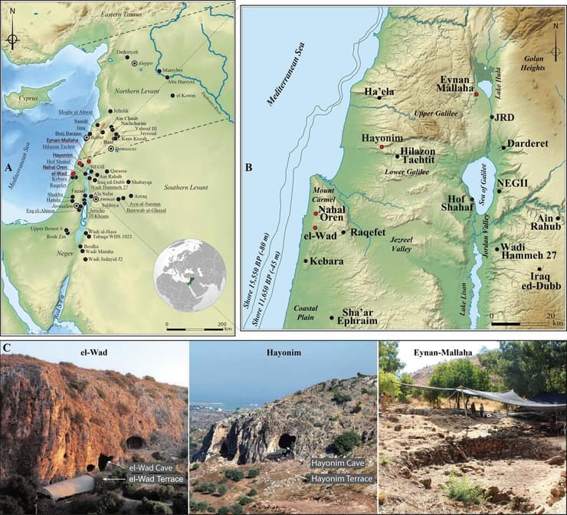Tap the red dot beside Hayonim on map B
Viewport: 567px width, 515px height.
click(382, 146)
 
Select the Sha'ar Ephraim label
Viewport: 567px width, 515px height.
click(355, 317)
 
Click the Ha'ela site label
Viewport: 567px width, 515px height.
click(379, 93)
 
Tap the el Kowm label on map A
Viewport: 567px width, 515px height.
click(187, 95)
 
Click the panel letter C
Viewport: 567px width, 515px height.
click(7, 349)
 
